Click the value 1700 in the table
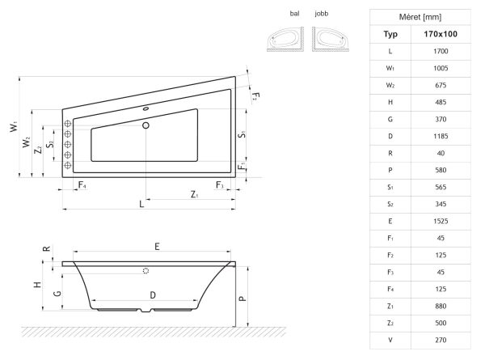(x=441, y=51)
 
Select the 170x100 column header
(x=441, y=34)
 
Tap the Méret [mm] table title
(x=420, y=17)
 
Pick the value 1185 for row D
(x=441, y=136)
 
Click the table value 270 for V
(x=441, y=340)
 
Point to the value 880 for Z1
(x=441, y=306)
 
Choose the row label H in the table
(x=390, y=102)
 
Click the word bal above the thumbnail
(x=294, y=14)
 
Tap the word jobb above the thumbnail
(x=322, y=14)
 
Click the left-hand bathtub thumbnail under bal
(x=285, y=39)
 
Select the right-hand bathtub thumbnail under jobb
(x=331, y=39)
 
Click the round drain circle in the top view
(x=145, y=125)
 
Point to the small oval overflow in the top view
(x=146, y=108)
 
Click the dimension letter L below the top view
(x=141, y=204)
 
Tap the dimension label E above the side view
(x=157, y=247)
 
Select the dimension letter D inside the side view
(x=153, y=295)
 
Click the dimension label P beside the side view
(x=242, y=299)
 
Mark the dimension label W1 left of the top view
(x=14, y=126)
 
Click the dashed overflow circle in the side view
(x=145, y=271)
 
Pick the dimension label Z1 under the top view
(x=194, y=194)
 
